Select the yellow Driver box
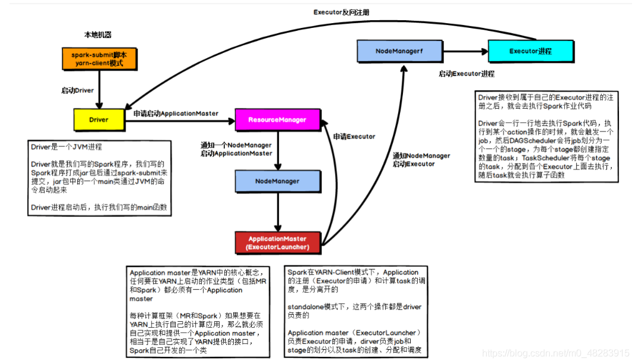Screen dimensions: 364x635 pos(99,120)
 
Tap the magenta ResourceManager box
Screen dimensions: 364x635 pos(277,120)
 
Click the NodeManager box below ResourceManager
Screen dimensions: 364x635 pos(277,181)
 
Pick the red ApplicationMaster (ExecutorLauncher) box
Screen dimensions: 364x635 pos(278,242)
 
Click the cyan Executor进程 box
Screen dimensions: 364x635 pos(530,52)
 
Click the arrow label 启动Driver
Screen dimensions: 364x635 pos(78,90)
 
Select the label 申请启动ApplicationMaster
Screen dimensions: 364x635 pos(176,113)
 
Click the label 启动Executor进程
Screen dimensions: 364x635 pos(467,74)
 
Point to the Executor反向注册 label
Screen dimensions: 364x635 pos(341,12)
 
